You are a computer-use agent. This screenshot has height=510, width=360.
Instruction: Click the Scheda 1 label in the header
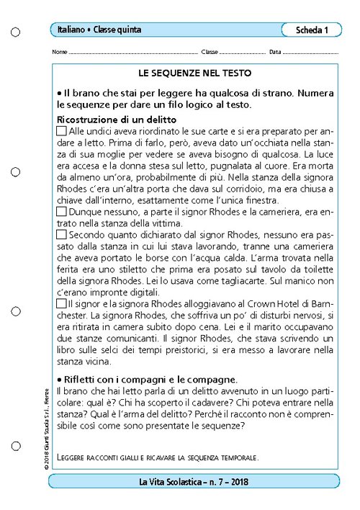point(312,30)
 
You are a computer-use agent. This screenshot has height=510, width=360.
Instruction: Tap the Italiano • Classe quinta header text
point(99,30)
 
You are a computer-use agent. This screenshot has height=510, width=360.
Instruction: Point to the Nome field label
point(60,53)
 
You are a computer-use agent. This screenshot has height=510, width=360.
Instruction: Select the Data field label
point(275,53)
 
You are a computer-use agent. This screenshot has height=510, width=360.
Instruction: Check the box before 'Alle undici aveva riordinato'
point(61,131)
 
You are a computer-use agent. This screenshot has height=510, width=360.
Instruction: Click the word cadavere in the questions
point(210,402)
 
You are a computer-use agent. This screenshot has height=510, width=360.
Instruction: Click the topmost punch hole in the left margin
point(17,32)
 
